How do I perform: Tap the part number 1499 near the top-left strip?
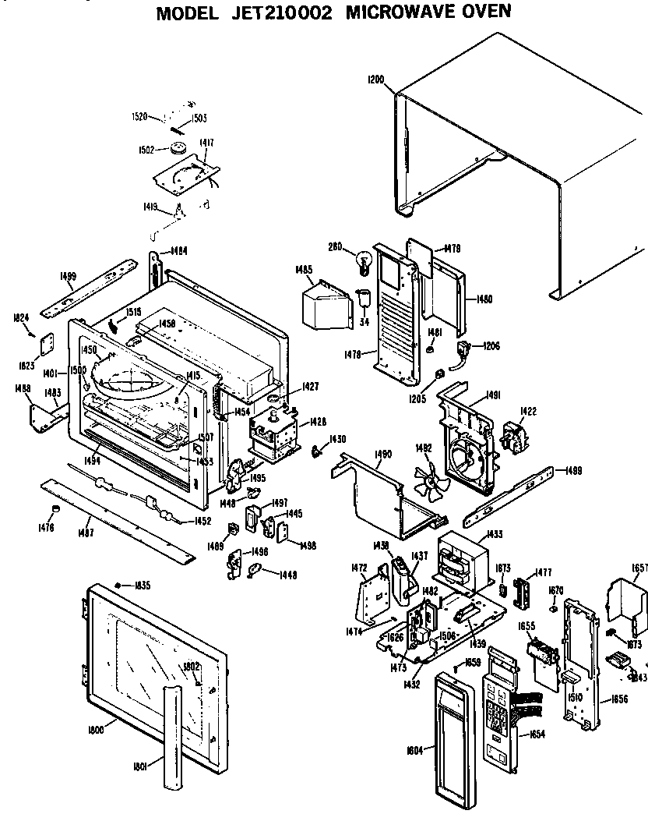tap(68, 275)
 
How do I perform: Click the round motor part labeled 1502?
tap(179, 148)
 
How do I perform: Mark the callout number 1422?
tap(529, 411)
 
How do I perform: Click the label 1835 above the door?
tap(142, 585)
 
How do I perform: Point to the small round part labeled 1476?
tap(55, 510)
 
